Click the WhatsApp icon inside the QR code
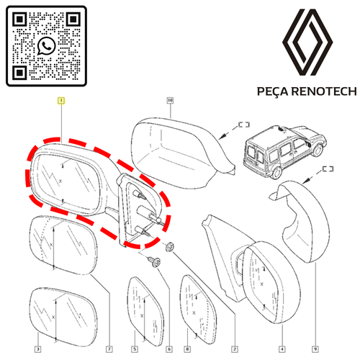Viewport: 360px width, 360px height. tap(47, 45)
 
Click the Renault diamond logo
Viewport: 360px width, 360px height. tap(307, 42)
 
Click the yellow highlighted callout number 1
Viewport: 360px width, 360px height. tap(61, 101)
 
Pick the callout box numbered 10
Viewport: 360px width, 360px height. tap(170, 100)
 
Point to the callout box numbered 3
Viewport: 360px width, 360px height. tap(37, 349)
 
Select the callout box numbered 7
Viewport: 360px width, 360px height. tap(109, 349)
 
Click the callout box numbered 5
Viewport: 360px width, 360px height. tap(135, 349)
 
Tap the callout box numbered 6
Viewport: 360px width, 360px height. tap(169, 349)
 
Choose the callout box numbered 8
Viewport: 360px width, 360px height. tap(187, 349)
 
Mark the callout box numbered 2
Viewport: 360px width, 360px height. tap(235, 349)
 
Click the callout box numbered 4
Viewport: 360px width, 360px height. tap(282, 349)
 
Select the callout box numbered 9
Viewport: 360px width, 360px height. tap(315, 349)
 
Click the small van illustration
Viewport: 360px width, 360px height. tap(284, 151)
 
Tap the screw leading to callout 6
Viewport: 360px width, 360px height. tap(154, 261)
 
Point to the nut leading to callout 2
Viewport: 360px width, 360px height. tap(170, 247)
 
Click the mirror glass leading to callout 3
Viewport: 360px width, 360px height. tap(64, 318)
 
